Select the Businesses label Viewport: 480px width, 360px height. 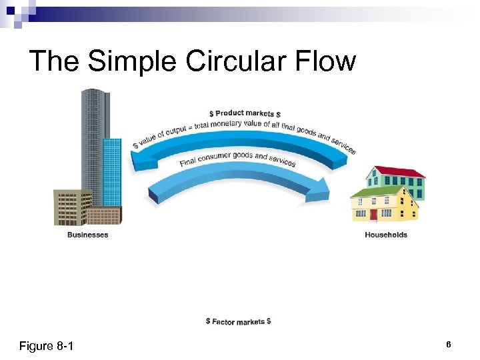tap(87, 235)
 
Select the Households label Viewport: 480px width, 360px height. tap(386, 235)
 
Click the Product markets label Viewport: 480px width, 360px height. tap(245, 113)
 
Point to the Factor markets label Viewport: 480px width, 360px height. tap(238, 321)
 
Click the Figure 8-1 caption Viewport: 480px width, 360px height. tap(47, 346)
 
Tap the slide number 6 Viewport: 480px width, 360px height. tap(449, 344)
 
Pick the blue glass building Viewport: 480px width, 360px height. tap(112, 173)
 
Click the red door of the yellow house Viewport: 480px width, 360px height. tap(373, 215)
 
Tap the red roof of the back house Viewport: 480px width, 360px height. tap(399, 172)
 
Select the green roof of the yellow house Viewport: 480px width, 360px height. tap(377, 192)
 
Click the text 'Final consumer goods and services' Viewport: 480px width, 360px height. tap(238, 160)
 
